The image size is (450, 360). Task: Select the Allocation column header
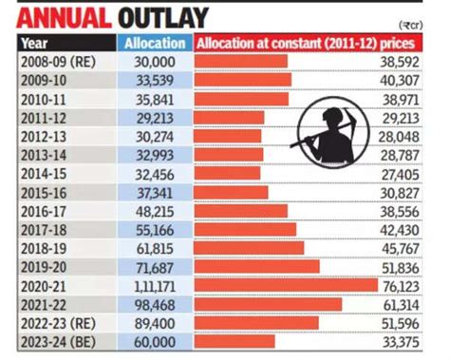click(x=155, y=43)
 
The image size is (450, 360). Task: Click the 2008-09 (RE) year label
click(x=55, y=62)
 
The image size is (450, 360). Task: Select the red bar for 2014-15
click(x=227, y=174)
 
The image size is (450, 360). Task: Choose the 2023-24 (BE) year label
click(x=55, y=340)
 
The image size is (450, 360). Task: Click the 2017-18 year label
click(x=44, y=229)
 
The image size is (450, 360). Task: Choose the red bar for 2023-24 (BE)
click(x=234, y=340)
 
